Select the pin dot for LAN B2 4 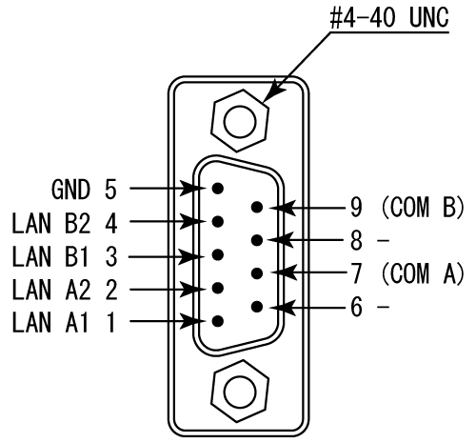(x=219, y=221)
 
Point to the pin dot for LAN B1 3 (x=219, y=254)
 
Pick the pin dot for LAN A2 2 (x=219, y=288)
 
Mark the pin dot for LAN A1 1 (x=219, y=322)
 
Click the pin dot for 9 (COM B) (x=257, y=206)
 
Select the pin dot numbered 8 (x=257, y=239)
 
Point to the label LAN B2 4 (x=64, y=221)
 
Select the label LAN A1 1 (x=64, y=322)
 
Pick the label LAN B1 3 (x=64, y=254)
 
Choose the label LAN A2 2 (x=64, y=288)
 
